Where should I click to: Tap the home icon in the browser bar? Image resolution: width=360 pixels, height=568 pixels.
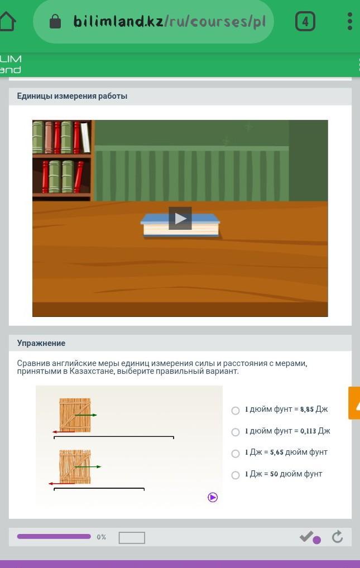tap(7, 21)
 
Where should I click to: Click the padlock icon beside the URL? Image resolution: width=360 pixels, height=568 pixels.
tap(55, 21)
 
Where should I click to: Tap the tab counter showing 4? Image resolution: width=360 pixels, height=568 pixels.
tap(305, 21)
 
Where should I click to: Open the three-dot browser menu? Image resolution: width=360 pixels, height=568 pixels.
tap(349, 21)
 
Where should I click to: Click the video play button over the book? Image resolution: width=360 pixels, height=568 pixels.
tap(180, 218)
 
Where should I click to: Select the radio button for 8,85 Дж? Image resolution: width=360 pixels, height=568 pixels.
tap(236, 411)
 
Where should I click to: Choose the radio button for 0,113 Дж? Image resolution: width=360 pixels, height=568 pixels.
tap(236, 432)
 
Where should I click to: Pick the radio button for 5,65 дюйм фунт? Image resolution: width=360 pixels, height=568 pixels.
tap(236, 454)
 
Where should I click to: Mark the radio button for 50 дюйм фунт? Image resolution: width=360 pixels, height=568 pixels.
tap(236, 475)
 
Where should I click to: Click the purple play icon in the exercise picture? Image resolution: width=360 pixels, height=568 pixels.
tap(213, 497)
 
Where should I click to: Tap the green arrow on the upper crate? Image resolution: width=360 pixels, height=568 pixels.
tap(86, 415)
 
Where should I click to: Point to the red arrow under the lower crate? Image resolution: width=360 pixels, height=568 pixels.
tap(61, 483)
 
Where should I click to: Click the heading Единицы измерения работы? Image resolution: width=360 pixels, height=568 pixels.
tap(72, 96)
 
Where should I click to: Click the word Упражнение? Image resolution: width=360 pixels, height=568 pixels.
tap(41, 343)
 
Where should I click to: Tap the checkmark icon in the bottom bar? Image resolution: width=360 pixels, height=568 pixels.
tap(306, 536)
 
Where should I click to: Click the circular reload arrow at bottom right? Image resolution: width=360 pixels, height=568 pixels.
tap(338, 537)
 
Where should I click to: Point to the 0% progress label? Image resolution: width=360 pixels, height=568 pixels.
tap(102, 537)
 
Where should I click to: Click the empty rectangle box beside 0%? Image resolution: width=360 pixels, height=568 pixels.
tap(132, 537)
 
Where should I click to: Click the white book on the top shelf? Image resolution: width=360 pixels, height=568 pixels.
tap(85, 137)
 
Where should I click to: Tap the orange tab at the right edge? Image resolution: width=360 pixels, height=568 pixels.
tap(354, 403)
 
